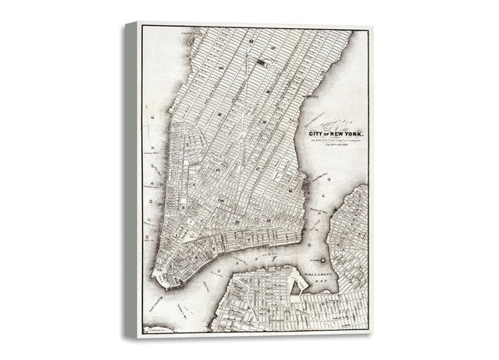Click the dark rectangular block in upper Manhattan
point(263,59)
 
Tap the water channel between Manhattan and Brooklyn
point(249,266)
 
